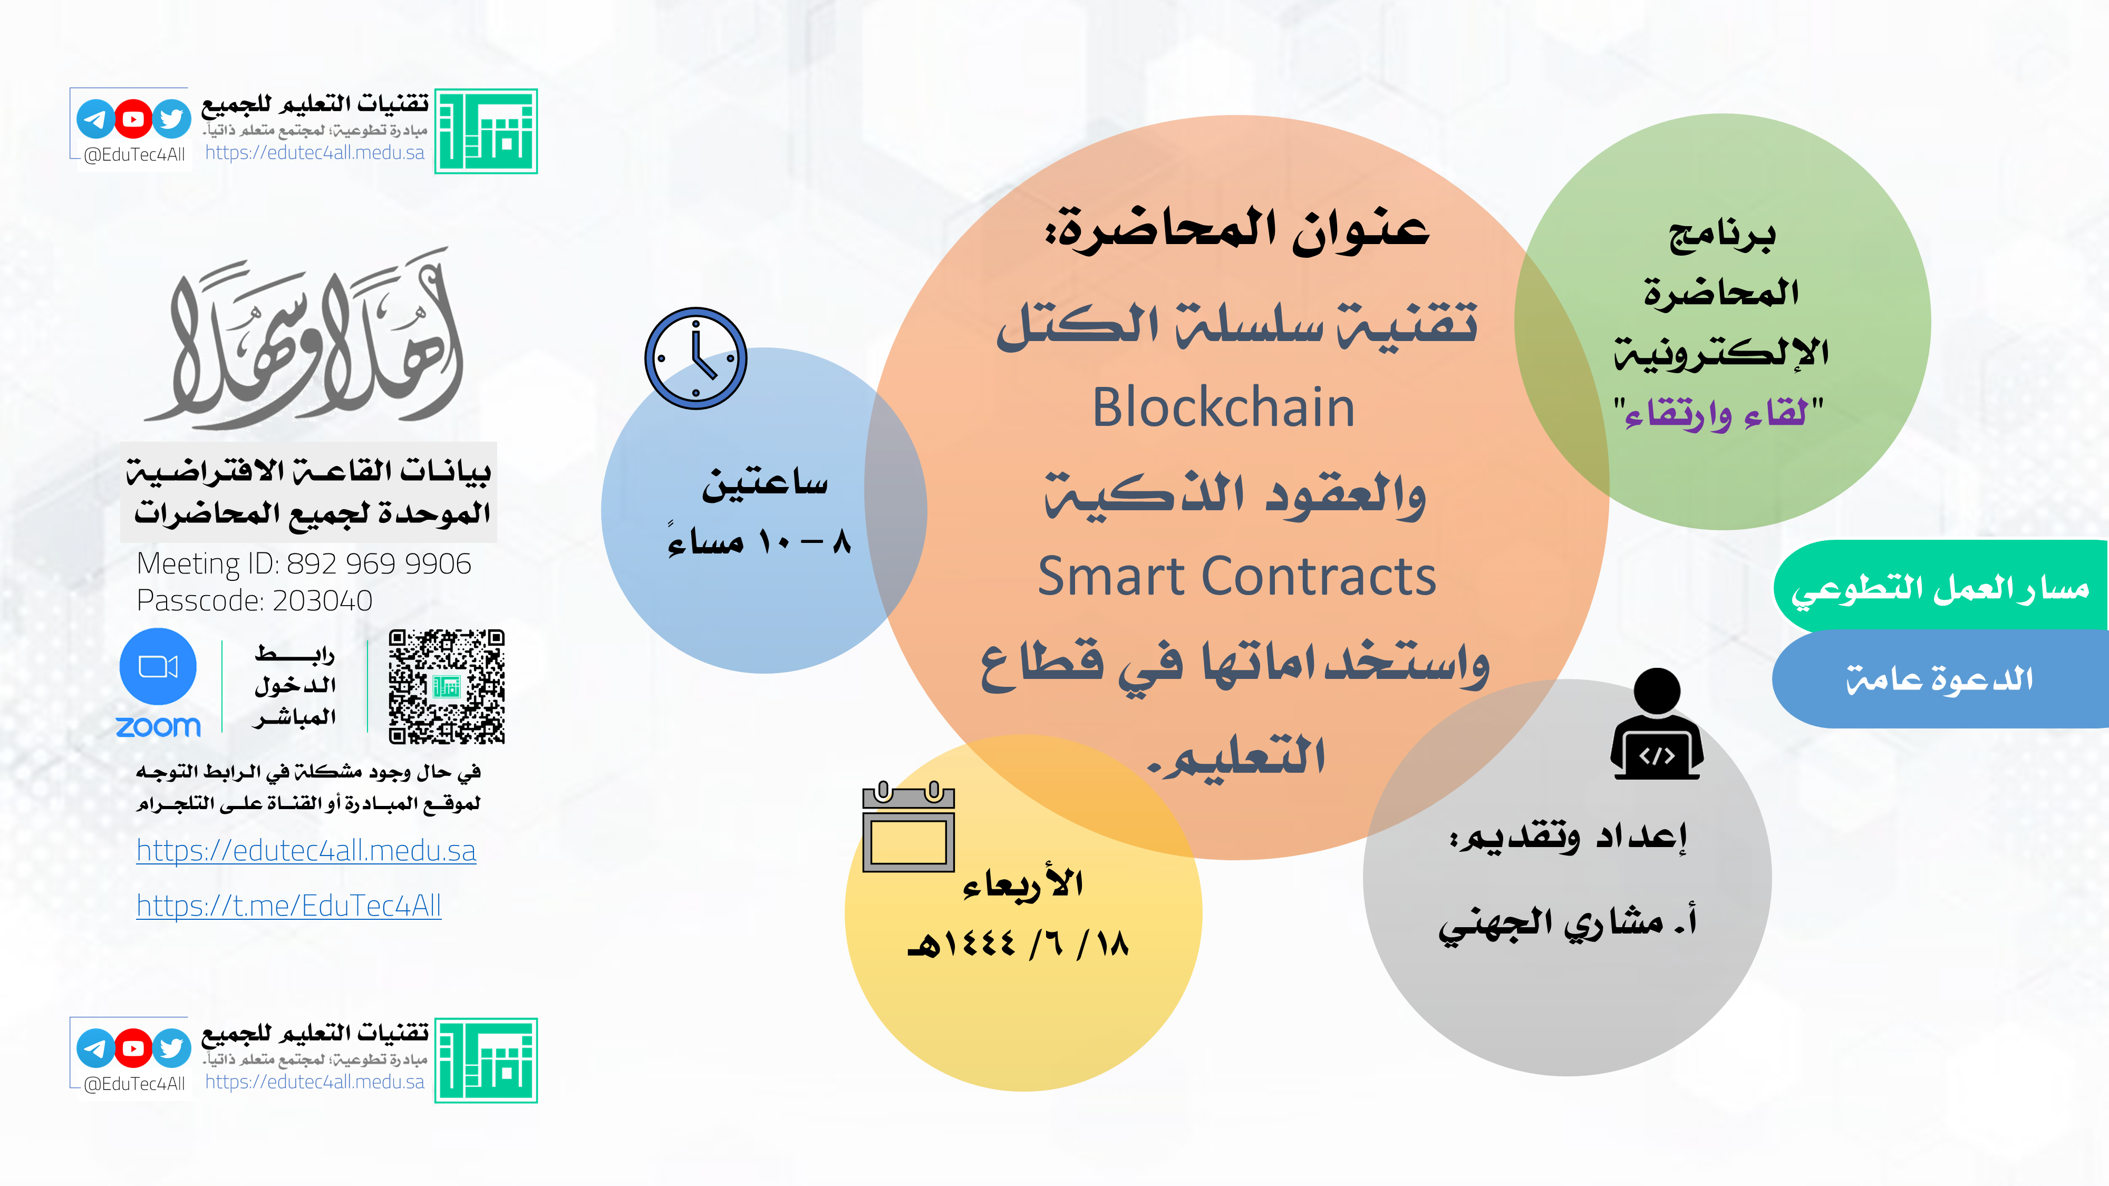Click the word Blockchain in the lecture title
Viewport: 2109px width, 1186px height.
[x=1223, y=407]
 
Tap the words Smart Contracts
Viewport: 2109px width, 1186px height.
[x=1236, y=576]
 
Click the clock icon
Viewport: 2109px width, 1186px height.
[x=696, y=358]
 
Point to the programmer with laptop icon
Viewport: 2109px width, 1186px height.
[x=1657, y=724]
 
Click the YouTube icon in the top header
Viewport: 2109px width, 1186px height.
[x=133, y=120]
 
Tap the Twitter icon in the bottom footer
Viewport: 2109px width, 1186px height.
[x=172, y=1048]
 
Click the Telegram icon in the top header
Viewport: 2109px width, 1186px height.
[x=95, y=120]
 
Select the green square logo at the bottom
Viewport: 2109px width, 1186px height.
[x=486, y=1061]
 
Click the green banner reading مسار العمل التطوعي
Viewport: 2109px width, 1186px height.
[x=1940, y=586]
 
